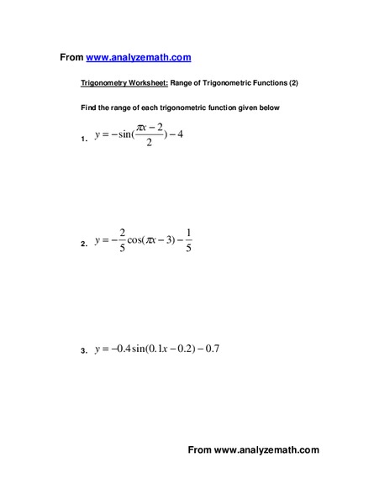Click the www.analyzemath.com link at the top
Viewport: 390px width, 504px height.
(139, 57)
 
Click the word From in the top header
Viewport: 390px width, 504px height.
(71, 57)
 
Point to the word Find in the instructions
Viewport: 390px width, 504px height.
(88, 108)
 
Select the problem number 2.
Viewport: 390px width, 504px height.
(84, 244)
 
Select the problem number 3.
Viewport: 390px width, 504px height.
(84, 352)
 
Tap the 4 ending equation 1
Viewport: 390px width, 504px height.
(202, 135)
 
